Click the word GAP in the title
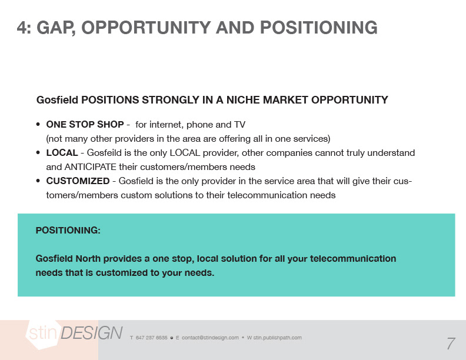55,28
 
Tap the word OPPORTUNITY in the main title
146,28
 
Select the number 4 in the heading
22,28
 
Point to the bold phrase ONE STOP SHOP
85,125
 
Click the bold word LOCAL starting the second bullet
62,153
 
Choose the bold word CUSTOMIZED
78,181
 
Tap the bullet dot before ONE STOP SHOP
38,125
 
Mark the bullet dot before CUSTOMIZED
38,181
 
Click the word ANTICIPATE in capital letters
91,167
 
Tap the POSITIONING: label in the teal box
68,230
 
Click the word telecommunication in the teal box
353,258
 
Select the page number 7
451,344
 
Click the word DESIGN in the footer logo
92,333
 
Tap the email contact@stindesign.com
210,338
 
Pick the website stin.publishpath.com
277,338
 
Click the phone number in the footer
152,338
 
